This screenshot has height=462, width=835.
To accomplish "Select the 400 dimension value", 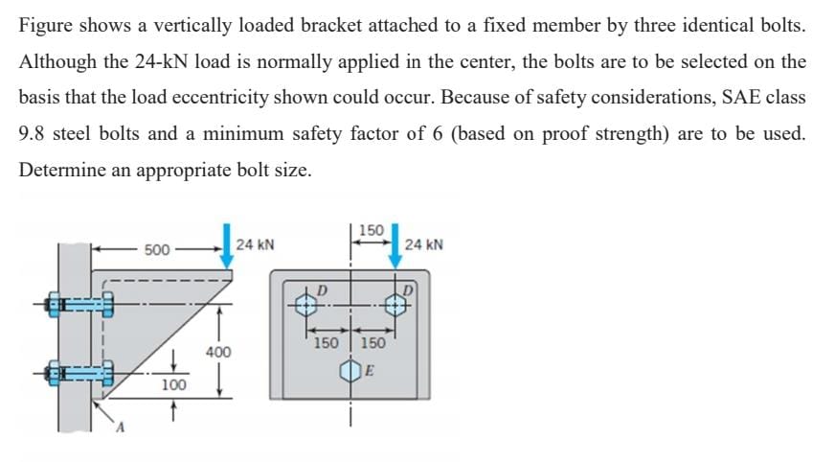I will point(218,353).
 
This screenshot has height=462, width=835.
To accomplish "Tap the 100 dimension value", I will point(172,384).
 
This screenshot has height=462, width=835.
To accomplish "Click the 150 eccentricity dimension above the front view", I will point(371,230).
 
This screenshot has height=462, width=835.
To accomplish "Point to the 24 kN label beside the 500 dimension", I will point(256,244).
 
